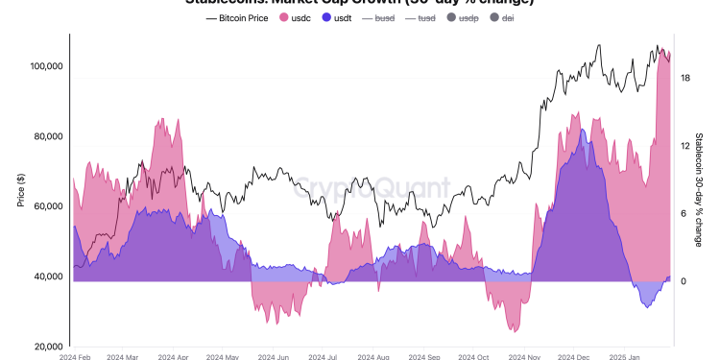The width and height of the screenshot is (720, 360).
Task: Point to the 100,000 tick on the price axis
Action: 42,66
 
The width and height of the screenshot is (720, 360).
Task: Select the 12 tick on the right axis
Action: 685,146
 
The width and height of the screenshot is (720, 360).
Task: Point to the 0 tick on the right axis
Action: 684,281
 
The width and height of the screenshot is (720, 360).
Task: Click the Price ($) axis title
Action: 20,189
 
